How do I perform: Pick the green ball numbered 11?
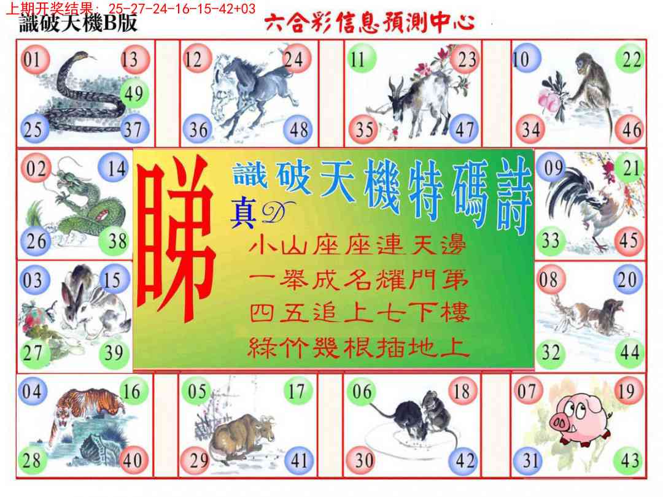pyautogui.click(x=359, y=60)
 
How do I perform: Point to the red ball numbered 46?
pyautogui.click(x=631, y=129)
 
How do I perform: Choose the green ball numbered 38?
pyautogui.click(x=117, y=241)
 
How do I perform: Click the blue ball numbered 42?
pyautogui.click(x=465, y=461)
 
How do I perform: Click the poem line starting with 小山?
pyautogui.click(x=359, y=248)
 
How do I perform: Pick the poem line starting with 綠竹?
pyautogui.click(x=359, y=349)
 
